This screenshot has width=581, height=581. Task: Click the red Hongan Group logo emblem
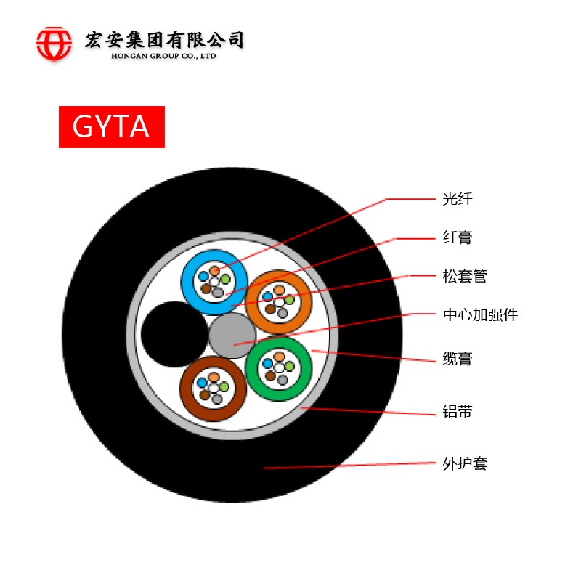tap(54, 44)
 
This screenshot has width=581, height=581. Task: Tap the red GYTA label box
tap(112, 126)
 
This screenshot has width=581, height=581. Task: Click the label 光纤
tap(458, 199)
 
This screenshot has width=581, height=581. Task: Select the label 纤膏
tap(458, 237)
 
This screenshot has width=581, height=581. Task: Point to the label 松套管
tap(465, 276)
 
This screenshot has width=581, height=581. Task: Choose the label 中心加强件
tap(480, 314)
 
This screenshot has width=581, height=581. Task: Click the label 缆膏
tap(458, 359)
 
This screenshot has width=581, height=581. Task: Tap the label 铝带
tap(458, 411)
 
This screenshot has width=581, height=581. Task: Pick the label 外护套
tap(465, 463)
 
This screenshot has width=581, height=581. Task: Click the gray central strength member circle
tap(232, 336)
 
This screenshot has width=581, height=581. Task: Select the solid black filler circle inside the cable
tap(174, 334)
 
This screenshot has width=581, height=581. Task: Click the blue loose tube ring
tap(214, 283)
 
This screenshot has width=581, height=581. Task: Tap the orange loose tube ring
tap(279, 302)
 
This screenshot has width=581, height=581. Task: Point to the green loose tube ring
tap(279, 369)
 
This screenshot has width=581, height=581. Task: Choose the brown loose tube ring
tap(213, 389)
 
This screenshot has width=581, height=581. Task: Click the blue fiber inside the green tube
tap(267, 364)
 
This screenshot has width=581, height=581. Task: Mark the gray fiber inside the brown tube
tap(216, 399)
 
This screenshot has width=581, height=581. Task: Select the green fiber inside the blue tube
tap(225, 279)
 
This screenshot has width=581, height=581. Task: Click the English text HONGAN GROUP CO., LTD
tap(163, 57)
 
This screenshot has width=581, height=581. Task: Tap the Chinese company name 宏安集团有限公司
tap(164, 40)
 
